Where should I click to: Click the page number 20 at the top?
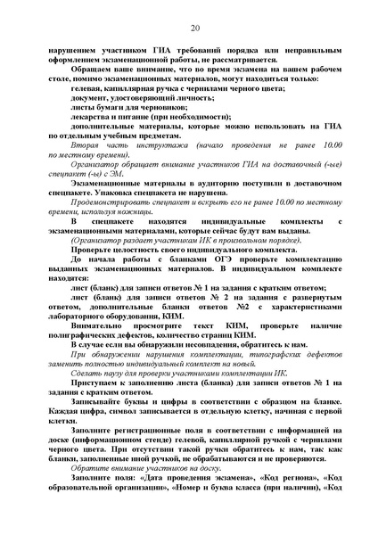coord(193,14)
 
